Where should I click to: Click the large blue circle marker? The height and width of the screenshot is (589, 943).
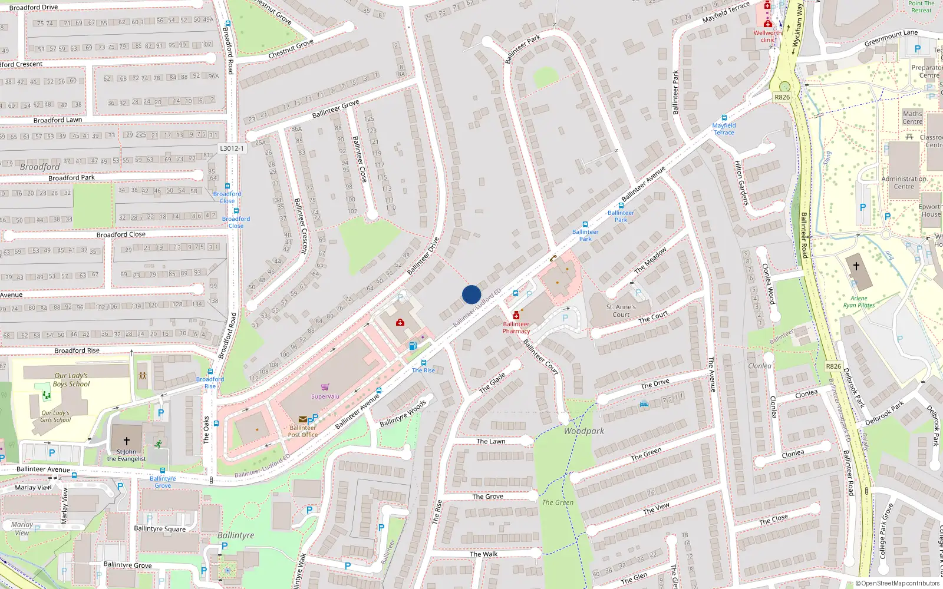tap(471, 294)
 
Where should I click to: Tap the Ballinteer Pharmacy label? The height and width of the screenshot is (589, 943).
tap(516, 327)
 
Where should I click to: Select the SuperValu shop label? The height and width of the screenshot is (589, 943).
tap(325, 396)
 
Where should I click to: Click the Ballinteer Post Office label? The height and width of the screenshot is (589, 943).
tap(303, 431)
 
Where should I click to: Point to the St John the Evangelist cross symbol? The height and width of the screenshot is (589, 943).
tap(126, 441)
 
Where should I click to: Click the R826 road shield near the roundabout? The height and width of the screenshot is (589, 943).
tap(782, 97)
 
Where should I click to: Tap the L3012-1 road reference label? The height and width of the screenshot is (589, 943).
tap(232, 148)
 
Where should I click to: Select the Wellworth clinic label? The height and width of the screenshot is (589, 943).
tap(768, 37)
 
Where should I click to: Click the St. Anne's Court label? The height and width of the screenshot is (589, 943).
tap(621, 310)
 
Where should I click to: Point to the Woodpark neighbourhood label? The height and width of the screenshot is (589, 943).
tap(583, 431)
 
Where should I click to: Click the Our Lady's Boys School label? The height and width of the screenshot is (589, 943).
tap(71, 380)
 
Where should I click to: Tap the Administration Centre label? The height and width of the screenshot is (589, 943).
tap(904, 183)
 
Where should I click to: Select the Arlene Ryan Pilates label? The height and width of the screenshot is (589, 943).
tap(859, 302)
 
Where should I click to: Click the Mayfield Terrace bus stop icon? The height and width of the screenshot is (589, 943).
tap(724, 118)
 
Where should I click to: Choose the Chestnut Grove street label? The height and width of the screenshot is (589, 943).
tap(291, 49)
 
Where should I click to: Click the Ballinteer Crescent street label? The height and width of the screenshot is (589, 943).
tap(301, 226)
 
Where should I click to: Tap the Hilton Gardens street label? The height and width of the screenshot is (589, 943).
tap(741, 183)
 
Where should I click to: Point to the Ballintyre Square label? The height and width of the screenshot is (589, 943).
tap(160, 528)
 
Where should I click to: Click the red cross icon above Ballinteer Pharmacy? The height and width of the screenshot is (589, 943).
tap(516, 315)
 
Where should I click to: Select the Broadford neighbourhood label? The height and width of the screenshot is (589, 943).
tap(40, 167)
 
